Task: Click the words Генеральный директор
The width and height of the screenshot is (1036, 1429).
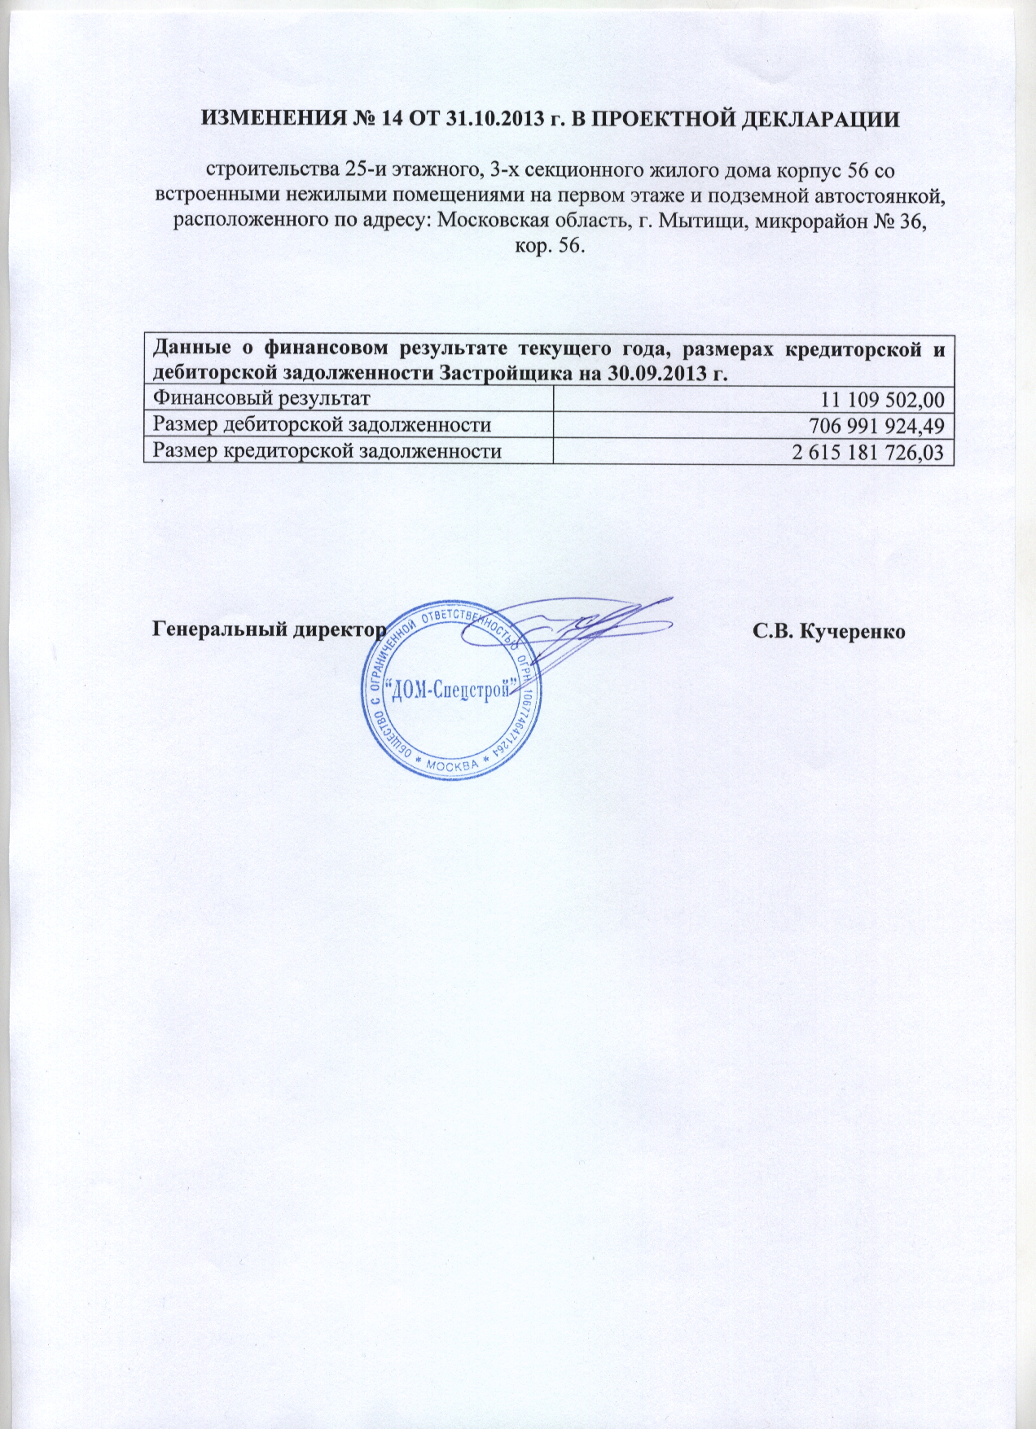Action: point(269,631)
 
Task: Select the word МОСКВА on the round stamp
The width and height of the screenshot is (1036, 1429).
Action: point(452,766)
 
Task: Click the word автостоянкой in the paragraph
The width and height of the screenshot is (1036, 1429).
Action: point(884,195)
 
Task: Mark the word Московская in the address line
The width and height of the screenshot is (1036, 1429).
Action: point(489,220)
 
